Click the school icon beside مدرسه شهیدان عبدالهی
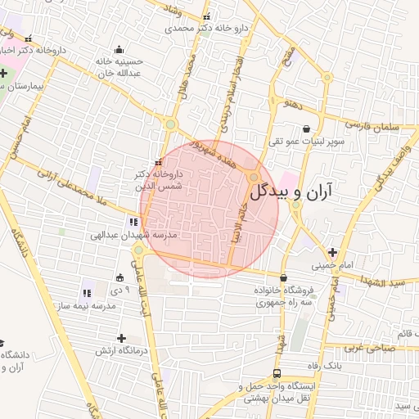(133, 222)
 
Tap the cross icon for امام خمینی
(332, 252)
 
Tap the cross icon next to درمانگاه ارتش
(121, 338)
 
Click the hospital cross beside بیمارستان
(4, 73)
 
